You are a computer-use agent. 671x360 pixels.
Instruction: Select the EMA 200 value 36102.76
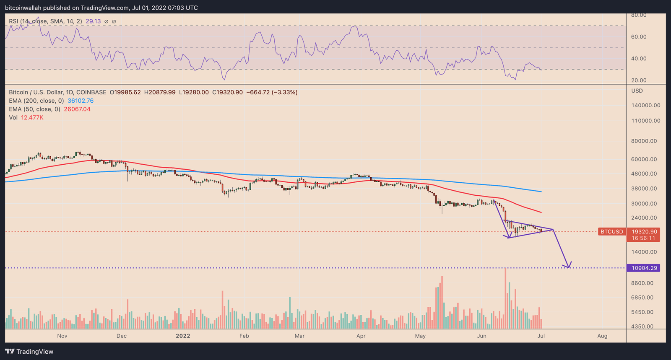[x=81, y=101]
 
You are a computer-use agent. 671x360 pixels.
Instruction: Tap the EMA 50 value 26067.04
[x=77, y=109]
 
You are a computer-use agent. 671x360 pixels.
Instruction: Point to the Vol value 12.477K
[x=32, y=117]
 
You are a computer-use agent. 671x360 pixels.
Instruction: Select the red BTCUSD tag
[x=611, y=231]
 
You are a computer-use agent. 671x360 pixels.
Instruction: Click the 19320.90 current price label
[x=644, y=232]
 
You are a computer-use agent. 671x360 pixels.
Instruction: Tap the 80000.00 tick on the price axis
[x=644, y=141]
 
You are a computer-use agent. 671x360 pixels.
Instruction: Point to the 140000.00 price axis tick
[x=645, y=106]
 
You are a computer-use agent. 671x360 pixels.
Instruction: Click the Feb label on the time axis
[x=244, y=336]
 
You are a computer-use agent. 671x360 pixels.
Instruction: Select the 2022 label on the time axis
[x=183, y=336]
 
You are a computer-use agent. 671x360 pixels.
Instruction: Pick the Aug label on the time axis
[x=602, y=336]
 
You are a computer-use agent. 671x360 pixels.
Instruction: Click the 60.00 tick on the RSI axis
[x=639, y=37]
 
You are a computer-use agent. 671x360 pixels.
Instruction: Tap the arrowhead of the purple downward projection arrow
[x=568, y=266]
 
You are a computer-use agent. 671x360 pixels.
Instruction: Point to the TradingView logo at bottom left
[x=29, y=352]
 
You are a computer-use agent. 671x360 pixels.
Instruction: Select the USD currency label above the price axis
[x=637, y=91]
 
